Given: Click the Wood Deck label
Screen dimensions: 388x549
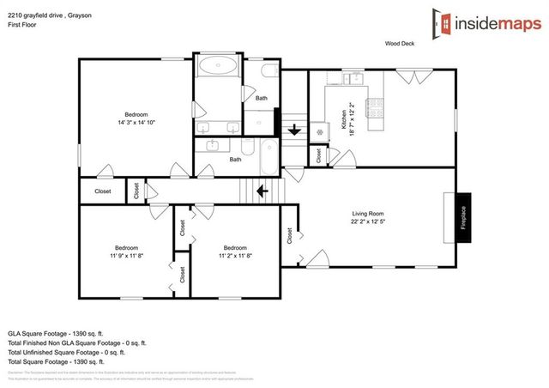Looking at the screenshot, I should point(400,43).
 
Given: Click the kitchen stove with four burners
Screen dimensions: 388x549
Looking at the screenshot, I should point(375,108).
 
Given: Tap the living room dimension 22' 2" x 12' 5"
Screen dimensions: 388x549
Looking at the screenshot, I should point(367,223).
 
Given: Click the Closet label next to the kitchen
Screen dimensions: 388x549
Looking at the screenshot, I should point(318,156).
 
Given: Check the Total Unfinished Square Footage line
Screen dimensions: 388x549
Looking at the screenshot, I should point(66,352).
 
